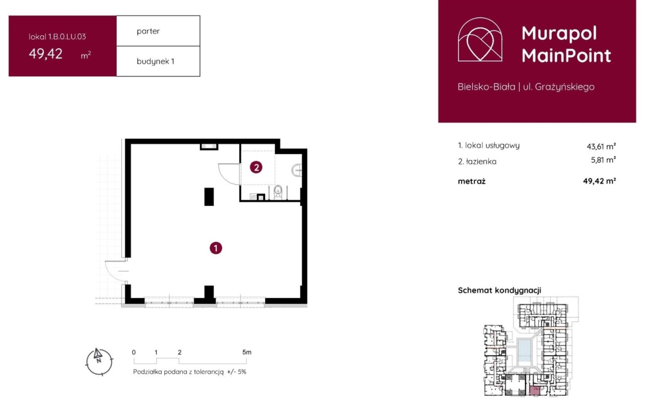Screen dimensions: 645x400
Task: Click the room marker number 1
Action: click(216, 248)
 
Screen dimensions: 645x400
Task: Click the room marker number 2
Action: click(256, 167)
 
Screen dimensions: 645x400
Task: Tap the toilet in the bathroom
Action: click(278, 192)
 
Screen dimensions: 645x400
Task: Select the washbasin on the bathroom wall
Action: click(297, 170)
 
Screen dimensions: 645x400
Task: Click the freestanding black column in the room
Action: click(209, 197)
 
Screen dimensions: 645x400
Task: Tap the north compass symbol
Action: click(99, 361)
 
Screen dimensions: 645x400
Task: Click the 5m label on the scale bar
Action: click(247, 352)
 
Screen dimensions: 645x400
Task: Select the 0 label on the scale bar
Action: click(134, 352)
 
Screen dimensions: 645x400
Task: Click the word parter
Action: click(148, 31)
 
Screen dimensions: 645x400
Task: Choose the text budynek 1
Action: click(156, 61)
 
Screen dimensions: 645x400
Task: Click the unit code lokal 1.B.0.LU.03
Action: click(57, 37)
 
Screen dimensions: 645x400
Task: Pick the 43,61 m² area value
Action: click(601, 146)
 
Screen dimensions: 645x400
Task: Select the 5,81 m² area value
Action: click(603, 160)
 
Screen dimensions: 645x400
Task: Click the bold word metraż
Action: click(472, 181)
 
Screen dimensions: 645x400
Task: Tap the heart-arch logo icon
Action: click(480, 39)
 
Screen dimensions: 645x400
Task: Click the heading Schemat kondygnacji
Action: click(499, 290)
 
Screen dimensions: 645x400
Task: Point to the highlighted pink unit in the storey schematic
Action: click(535, 391)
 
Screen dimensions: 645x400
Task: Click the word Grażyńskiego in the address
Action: click(564, 87)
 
